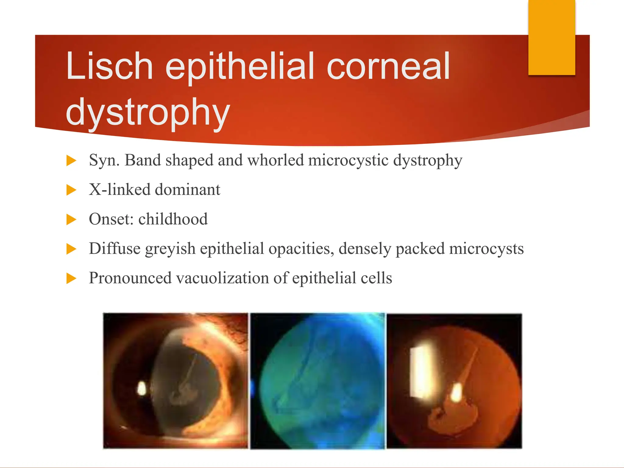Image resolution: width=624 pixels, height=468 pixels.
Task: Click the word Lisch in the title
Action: pos(109,66)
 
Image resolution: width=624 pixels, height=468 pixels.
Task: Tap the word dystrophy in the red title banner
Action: pos(148,112)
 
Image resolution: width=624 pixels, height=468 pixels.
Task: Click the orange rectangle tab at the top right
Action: pos(551,37)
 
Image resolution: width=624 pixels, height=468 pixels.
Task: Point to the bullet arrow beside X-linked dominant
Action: pos(71,190)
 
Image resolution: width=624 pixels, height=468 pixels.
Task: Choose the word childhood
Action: pos(173,219)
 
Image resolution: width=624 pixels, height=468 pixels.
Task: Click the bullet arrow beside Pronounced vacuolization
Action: pos(71,278)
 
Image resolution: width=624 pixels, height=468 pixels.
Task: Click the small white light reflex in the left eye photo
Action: pos(142,389)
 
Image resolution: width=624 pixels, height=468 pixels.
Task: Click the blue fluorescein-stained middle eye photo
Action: pos(318,381)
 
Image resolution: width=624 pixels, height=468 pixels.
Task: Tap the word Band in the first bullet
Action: pos(143,160)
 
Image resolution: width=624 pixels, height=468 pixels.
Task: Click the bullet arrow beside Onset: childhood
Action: pos(71,219)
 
